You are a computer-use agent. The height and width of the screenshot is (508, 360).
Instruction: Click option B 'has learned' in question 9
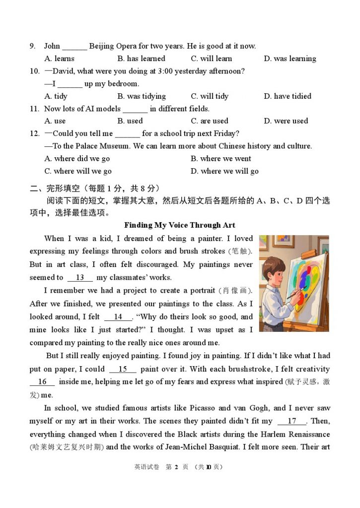pos(141,59)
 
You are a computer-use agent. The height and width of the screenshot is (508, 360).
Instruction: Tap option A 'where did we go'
pos(77,159)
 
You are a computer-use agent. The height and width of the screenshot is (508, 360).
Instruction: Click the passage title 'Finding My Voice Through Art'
pos(180,225)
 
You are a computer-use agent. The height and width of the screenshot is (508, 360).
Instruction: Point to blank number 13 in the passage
pos(80,278)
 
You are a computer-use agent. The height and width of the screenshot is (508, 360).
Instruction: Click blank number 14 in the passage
pos(118,317)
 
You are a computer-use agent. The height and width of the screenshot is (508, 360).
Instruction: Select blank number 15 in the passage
pos(123,369)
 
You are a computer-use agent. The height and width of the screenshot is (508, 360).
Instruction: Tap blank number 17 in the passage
pos(292,421)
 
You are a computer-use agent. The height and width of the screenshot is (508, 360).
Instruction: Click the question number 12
pos(34,133)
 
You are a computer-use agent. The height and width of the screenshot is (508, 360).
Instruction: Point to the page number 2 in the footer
pos(176,467)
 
